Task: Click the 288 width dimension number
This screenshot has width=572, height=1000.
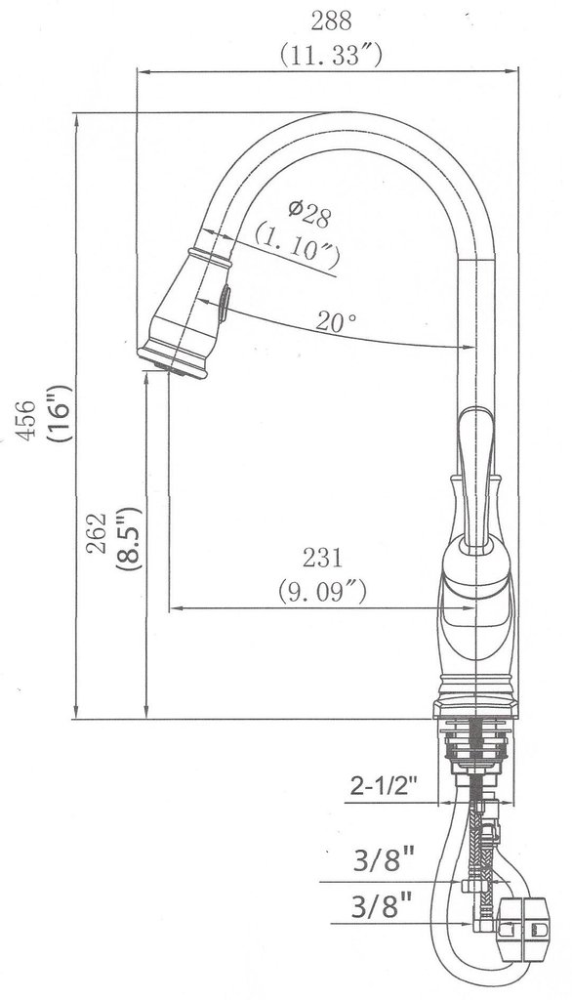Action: pyautogui.click(x=330, y=21)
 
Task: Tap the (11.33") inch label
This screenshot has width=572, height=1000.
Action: pyautogui.click(x=331, y=56)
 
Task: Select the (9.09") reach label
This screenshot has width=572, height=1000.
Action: pyautogui.click(x=323, y=591)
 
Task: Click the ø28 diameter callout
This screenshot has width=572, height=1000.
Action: pyautogui.click(x=309, y=214)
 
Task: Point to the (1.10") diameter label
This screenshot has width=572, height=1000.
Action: pyautogui.click(x=297, y=246)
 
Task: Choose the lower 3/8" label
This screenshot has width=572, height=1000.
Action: pyautogui.click(x=382, y=905)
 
